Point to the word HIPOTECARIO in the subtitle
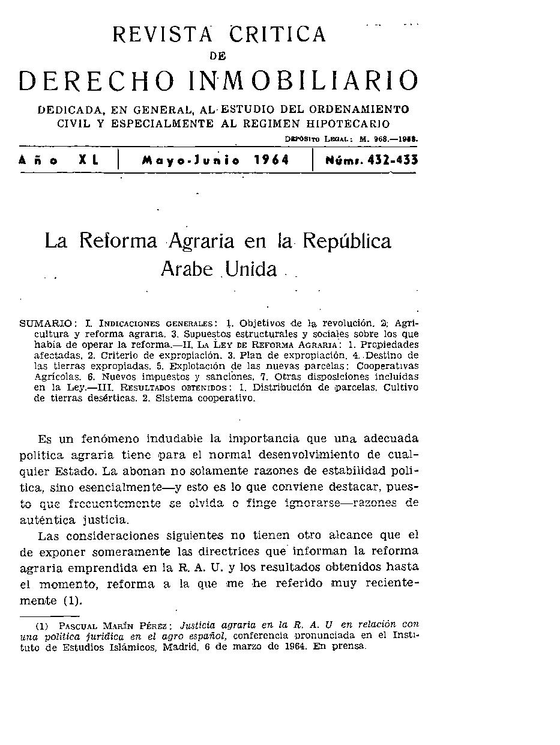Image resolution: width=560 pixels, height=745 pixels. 348,124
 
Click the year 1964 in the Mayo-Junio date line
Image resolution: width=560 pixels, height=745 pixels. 271,160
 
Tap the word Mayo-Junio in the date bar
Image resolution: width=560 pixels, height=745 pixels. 191,160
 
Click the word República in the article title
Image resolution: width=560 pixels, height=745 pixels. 347,242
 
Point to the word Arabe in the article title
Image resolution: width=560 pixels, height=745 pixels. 186,269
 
